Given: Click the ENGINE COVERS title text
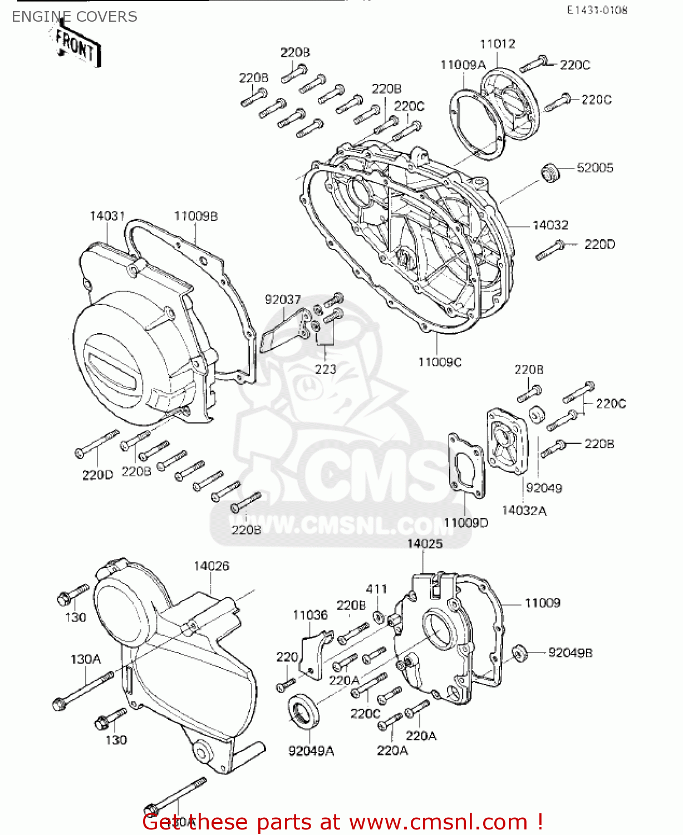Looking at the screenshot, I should (75, 17).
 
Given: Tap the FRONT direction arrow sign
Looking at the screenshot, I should (76, 47).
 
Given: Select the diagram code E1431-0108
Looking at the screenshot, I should (597, 10).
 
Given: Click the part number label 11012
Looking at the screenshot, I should (498, 44).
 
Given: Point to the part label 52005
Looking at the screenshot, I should (594, 168).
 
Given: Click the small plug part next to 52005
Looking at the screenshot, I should (551, 173).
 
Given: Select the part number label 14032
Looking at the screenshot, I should (550, 225).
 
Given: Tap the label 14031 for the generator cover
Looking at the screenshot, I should (107, 215).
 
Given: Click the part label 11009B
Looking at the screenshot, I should (195, 216).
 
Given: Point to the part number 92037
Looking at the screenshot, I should (282, 299).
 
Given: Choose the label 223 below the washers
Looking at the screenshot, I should (326, 369).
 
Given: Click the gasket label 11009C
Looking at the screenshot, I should (440, 362).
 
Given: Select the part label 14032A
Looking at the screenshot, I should (524, 510).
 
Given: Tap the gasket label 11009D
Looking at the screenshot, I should (466, 523).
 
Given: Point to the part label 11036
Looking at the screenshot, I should (310, 615).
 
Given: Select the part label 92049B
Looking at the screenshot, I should (570, 652).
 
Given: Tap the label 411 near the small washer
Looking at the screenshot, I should (376, 589).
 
